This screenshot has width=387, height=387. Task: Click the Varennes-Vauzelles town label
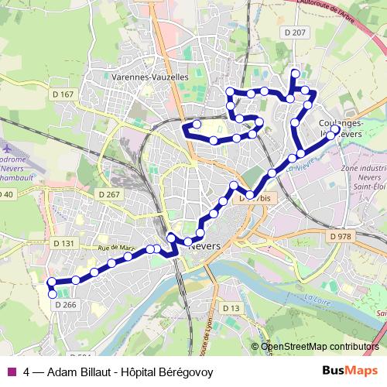150,77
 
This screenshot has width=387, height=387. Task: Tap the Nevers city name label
204,245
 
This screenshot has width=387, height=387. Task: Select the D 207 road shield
296,53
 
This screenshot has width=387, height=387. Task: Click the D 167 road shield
64,94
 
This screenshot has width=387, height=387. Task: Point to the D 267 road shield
110,194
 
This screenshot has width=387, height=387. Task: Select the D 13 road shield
231,309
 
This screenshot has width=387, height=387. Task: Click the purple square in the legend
11,372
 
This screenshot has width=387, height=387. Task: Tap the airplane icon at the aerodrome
9,146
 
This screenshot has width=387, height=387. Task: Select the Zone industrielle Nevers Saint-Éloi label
362,177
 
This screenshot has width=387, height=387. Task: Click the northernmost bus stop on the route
294,74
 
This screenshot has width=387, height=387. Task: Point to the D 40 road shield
6,193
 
